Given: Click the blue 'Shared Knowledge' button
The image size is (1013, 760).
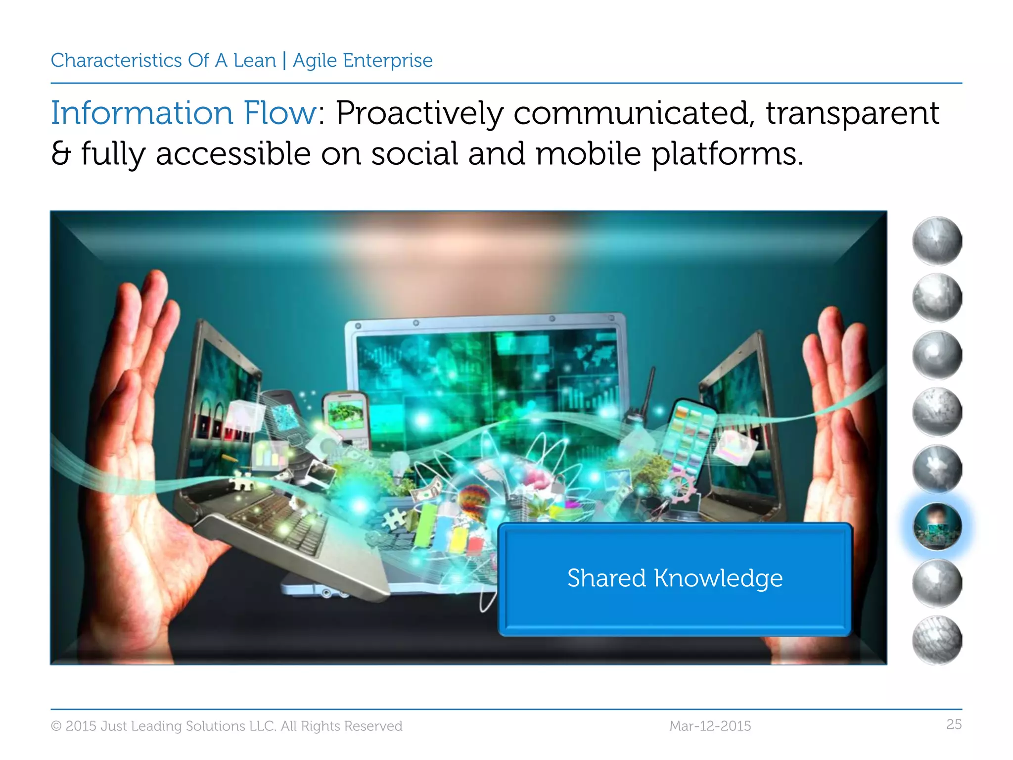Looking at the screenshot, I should click(675, 579).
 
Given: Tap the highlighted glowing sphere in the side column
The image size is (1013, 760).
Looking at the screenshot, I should click(936, 526).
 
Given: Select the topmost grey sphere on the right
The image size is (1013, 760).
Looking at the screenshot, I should click(936, 241).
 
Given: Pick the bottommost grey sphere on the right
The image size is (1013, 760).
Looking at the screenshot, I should click(936, 640).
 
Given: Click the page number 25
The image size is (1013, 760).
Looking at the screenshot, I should click(954, 724).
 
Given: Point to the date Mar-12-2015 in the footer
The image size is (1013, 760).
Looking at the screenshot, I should click(710, 726).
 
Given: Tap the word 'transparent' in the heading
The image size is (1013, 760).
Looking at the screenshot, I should click(852, 114).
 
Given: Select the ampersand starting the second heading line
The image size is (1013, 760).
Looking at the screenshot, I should click(61, 154).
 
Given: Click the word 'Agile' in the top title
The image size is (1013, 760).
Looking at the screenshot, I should click(315, 61).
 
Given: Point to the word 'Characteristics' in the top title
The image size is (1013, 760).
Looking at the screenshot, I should click(116, 61).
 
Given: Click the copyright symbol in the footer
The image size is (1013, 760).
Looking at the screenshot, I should click(56, 726).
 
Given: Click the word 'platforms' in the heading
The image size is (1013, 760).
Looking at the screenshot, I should click(723, 154).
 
